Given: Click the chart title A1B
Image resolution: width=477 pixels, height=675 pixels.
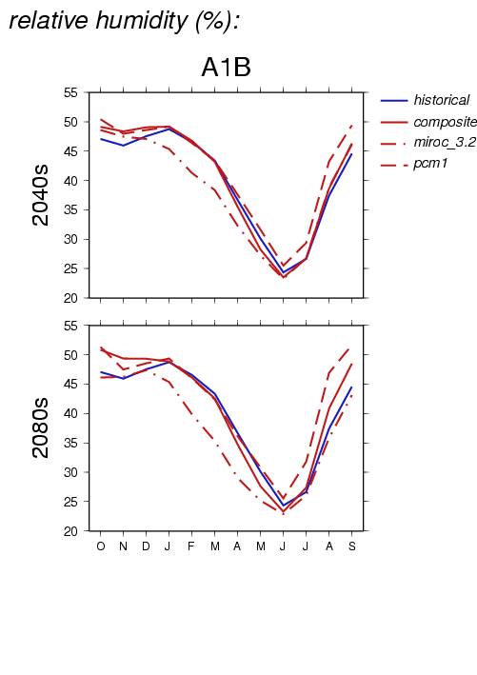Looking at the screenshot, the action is click(x=226, y=68).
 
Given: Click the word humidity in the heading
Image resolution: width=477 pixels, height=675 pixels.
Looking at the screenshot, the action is click(x=142, y=21).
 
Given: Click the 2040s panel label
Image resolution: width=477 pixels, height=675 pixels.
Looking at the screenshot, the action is click(x=41, y=195).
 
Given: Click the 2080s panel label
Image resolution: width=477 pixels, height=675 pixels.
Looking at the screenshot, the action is click(x=41, y=427).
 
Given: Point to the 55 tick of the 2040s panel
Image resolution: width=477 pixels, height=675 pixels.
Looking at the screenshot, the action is click(x=70, y=92).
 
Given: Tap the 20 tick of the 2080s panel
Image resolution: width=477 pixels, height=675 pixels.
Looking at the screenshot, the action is click(x=70, y=531).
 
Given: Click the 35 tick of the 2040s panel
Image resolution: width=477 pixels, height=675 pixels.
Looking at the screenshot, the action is click(x=70, y=210).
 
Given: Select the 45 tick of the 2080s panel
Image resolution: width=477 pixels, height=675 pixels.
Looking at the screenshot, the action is click(x=70, y=384).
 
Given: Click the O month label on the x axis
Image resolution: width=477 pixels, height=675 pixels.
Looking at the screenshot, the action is click(x=101, y=546).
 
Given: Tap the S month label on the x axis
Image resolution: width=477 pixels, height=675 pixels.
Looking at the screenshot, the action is click(x=352, y=546).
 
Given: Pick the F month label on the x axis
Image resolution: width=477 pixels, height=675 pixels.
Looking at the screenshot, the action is click(x=191, y=546).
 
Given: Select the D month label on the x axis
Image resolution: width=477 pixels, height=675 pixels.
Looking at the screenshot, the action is click(x=146, y=546).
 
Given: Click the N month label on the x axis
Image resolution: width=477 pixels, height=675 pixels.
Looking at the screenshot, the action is click(x=123, y=546).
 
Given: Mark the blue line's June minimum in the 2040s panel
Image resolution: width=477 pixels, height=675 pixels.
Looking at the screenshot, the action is click(x=284, y=272).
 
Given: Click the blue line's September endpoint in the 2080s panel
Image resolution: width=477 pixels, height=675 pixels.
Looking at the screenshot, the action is click(x=351, y=387).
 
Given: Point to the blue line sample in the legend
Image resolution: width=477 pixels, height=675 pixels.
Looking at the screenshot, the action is click(x=394, y=101).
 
